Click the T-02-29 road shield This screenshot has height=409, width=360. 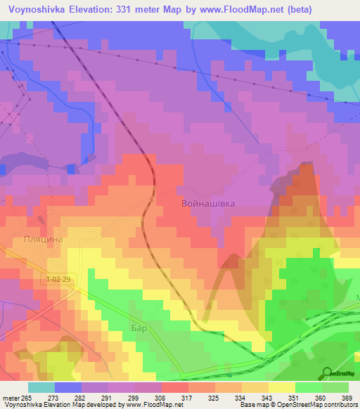[59, 280]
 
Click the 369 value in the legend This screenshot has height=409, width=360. [346, 398]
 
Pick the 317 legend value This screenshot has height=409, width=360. [187, 398]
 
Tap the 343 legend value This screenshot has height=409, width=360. [267, 398]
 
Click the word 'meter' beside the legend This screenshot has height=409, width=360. [11, 398]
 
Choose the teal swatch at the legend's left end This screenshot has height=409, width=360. [41, 387]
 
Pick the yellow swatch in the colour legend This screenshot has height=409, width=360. [281, 387]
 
